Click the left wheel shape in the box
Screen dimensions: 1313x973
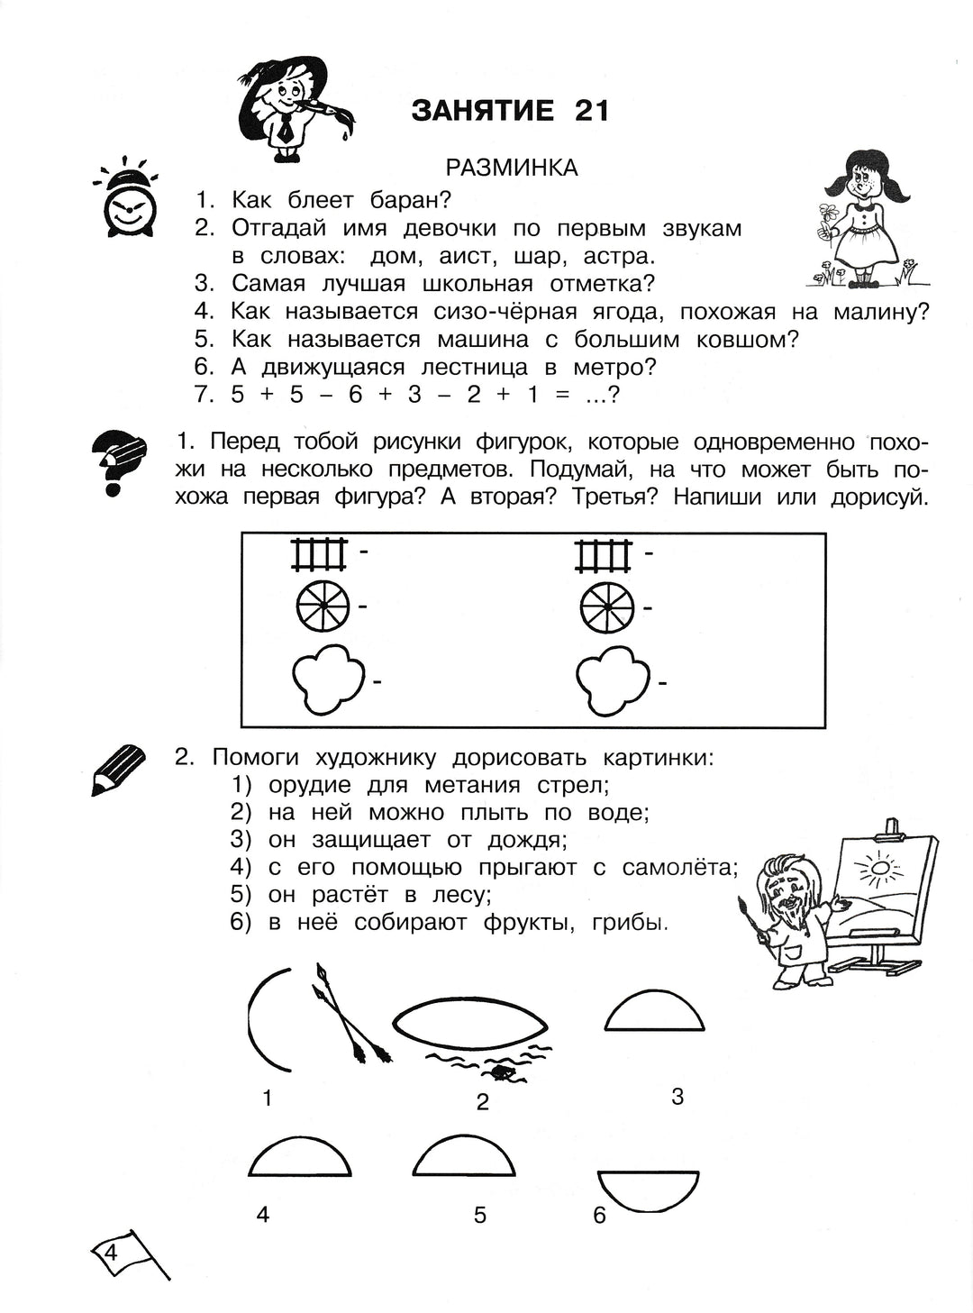pos(322,606)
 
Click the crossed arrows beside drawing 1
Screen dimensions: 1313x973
pos(350,1012)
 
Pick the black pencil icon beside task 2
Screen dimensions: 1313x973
pos(118,769)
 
